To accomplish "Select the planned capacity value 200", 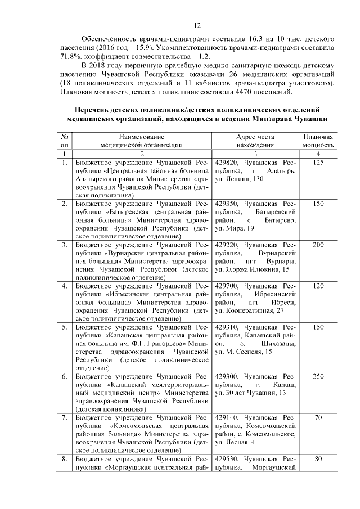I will pyautogui.click(x=319, y=245).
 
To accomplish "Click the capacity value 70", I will pyautogui.click(x=319, y=417).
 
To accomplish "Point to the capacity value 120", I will pyautogui.click(x=319, y=286).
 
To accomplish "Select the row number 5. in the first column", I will pyautogui.click(x=65, y=327).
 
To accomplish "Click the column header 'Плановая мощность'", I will pyautogui.click(x=319, y=141).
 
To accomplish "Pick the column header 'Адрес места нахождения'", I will pyautogui.click(x=255, y=141).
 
